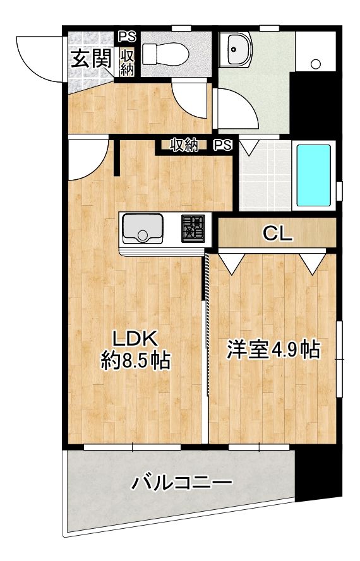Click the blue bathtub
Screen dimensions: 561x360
[x=314, y=176]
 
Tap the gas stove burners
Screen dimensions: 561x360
[x=194, y=228]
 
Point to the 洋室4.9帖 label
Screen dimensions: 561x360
[x=272, y=349]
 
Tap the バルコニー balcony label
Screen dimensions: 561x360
[x=182, y=485]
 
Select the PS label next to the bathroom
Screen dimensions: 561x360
[x=222, y=146]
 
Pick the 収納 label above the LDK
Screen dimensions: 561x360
[x=184, y=146]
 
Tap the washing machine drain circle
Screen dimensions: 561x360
[x=316, y=64]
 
